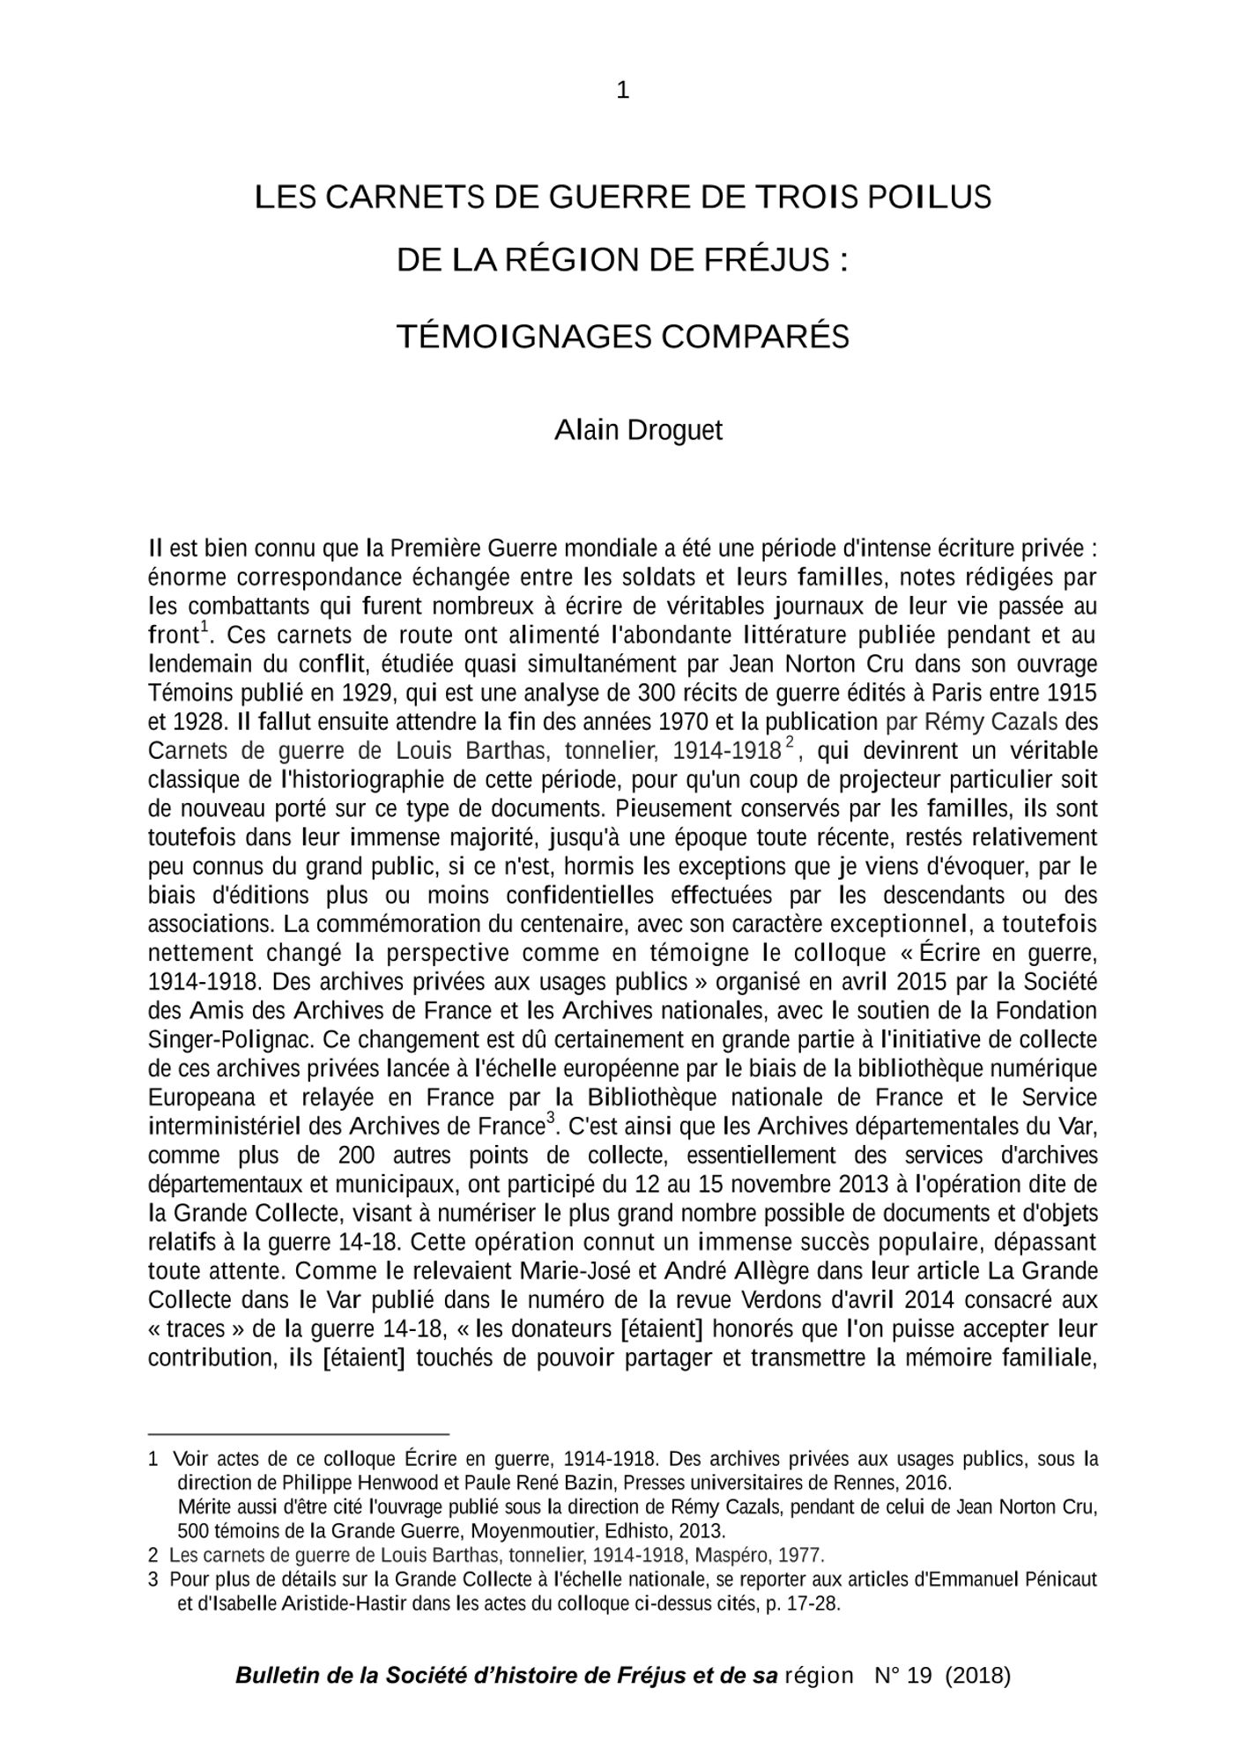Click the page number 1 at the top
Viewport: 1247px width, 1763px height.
coord(622,91)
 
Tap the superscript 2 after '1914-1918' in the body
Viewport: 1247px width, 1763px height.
coord(790,742)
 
